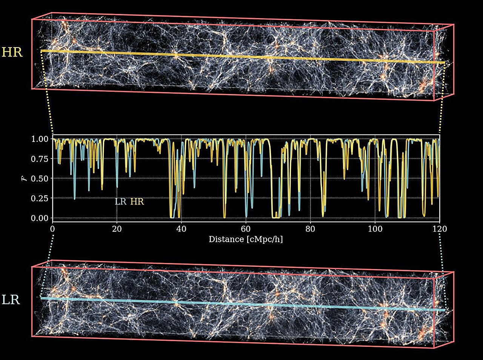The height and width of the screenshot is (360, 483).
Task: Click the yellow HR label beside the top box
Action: pos(12,52)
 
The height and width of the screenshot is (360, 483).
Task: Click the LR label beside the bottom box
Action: pos(11,300)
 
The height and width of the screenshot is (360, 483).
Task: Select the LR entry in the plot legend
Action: pos(121,202)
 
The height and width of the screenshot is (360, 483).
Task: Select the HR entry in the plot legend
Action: pos(137,202)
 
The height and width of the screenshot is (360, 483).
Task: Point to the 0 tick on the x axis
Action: pos(52,229)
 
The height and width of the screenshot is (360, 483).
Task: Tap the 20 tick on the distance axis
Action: pos(117,229)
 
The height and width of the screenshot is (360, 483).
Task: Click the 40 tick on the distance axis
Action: pos(182,229)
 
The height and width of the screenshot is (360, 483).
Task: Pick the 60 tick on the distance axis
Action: pos(246,229)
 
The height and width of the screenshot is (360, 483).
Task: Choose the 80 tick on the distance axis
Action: pos(311,229)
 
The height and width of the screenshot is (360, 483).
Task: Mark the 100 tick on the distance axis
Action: pos(375,229)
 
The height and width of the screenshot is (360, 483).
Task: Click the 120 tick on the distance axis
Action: pos(440,229)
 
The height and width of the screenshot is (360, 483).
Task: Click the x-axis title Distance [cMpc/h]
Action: pos(246,239)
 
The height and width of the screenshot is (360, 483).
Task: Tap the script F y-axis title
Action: pos(24,178)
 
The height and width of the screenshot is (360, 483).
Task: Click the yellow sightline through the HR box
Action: pos(241,57)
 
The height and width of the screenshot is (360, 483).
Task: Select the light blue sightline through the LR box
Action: pos(241,304)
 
